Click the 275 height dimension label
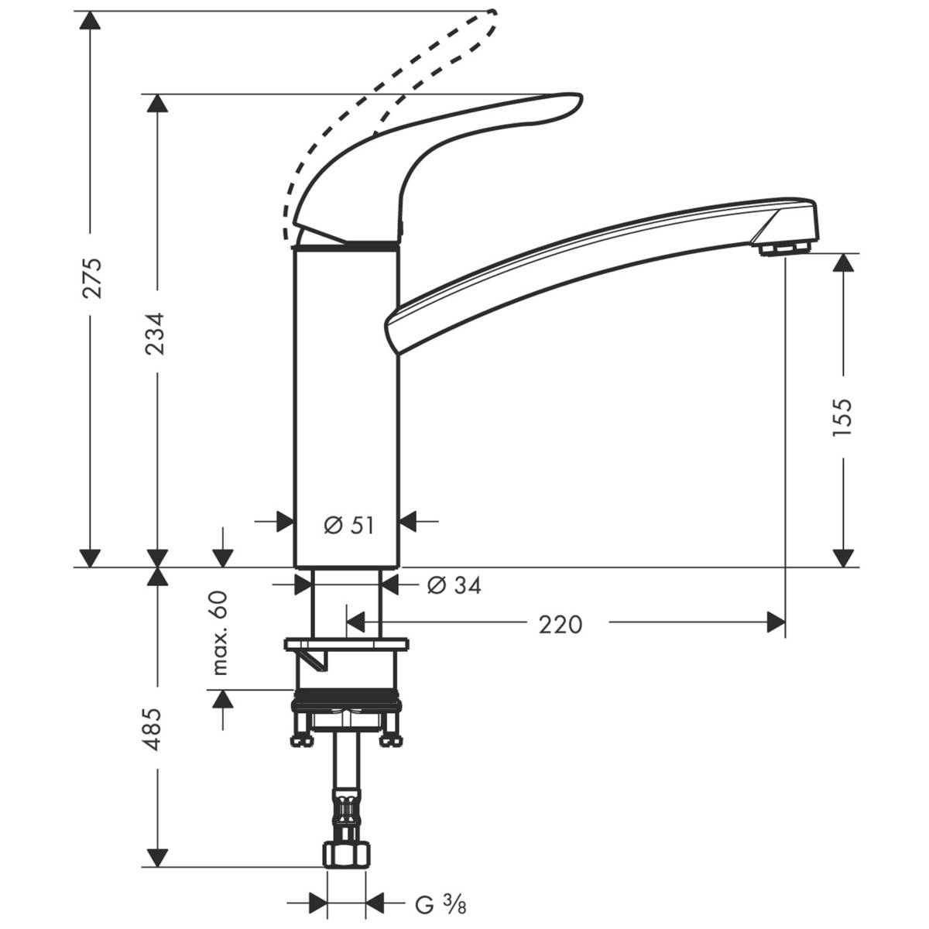coord(92,276)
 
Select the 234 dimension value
coord(156,333)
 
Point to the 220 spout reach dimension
coord(560,624)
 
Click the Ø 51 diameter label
coord(348,526)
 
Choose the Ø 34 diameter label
coord(454,586)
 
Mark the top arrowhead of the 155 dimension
coord(844,263)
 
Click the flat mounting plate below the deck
coord(346,644)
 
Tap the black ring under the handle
coord(346,246)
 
